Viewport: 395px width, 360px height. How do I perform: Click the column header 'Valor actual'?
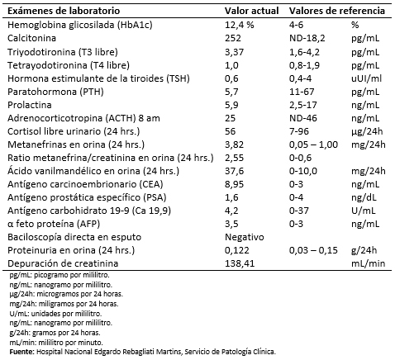(x=251, y=11)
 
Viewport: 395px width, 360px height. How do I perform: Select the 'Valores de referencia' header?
(x=337, y=11)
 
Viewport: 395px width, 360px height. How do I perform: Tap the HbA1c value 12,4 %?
(x=240, y=25)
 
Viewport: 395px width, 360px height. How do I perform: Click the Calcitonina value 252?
(x=233, y=38)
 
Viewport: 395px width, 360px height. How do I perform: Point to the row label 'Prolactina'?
(x=30, y=105)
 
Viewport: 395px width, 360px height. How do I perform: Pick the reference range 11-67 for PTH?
(x=302, y=92)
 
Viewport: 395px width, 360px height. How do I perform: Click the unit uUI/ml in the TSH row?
(x=366, y=78)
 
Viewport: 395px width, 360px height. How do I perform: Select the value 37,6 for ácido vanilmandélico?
(x=235, y=171)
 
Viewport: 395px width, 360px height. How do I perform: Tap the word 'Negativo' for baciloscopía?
(x=245, y=237)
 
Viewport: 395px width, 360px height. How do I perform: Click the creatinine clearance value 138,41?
(x=240, y=263)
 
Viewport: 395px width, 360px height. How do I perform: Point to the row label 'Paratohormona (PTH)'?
(x=55, y=92)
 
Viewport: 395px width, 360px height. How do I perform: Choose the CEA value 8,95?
(x=235, y=184)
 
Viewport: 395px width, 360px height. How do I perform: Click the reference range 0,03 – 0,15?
(x=313, y=250)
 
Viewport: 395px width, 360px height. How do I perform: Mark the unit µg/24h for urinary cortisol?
(x=367, y=131)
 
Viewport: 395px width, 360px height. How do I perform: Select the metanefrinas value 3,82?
(x=235, y=144)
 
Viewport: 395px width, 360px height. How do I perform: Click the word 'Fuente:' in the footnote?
(x=22, y=352)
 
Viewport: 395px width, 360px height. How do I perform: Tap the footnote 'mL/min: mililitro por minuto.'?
(x=56, y=343)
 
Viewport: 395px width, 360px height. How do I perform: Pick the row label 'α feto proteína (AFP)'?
(x=54, y=224)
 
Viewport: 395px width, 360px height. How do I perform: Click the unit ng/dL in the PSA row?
(x=364, y=197)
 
